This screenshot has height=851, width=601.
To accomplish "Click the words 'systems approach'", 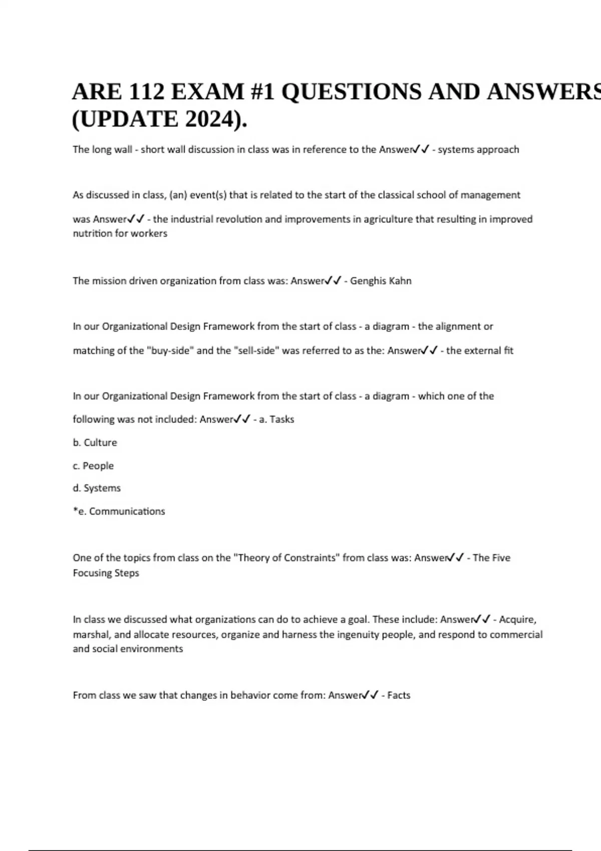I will click(x=478, y=149).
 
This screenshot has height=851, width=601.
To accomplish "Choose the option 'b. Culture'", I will click(x=95, y=443).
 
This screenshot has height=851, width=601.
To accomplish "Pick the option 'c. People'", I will click(x=93, y=466).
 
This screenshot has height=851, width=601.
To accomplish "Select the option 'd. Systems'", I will click(x=97, y=488).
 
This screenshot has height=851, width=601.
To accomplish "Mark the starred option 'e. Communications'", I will click(x=119, y=511).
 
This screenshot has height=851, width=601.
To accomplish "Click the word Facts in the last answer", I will click(x=399, y=695).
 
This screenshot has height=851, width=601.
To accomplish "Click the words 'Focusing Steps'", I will click(x=106, y=573).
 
